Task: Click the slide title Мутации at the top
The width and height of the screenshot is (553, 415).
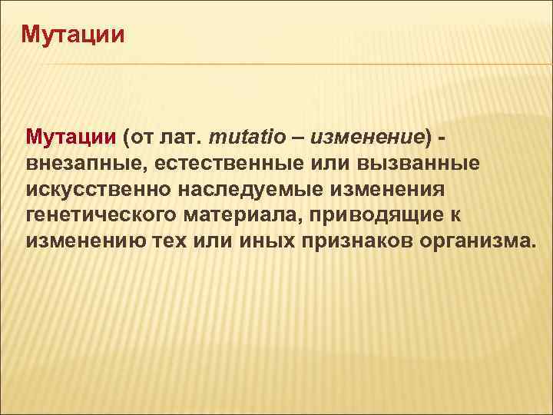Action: [72, 35]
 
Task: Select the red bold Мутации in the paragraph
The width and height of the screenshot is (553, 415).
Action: [71, 138]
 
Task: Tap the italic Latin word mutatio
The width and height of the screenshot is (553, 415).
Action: [247, 138]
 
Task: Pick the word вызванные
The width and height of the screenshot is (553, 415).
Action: [415, 163]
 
